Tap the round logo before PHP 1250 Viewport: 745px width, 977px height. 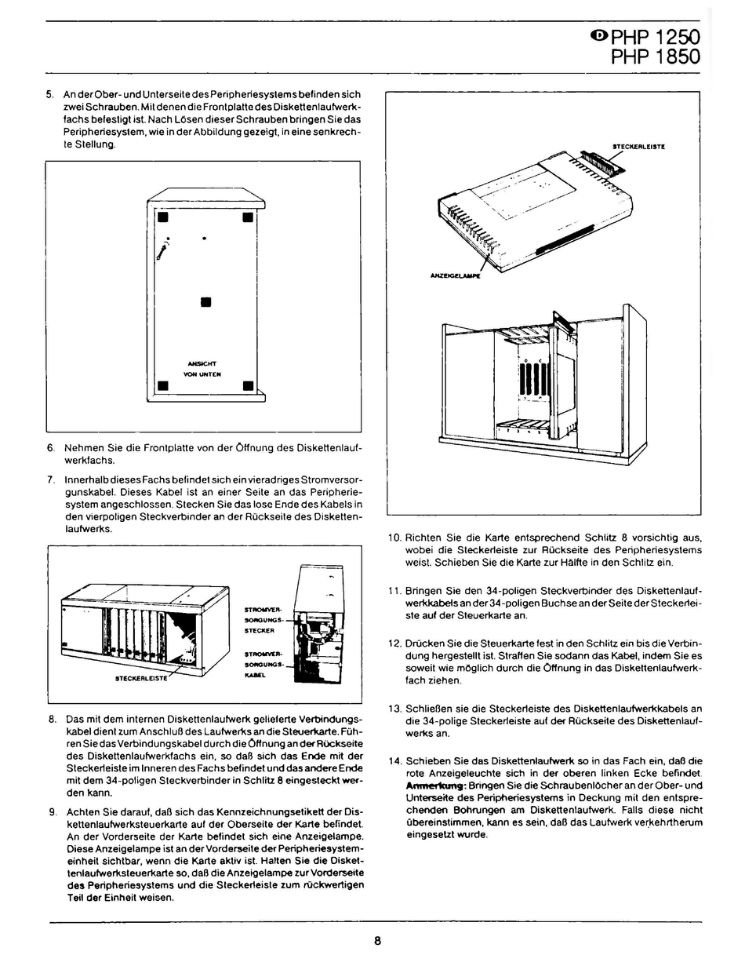598,35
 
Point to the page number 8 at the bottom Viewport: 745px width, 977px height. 377,942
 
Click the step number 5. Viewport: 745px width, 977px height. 50,95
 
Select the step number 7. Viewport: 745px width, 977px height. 50,479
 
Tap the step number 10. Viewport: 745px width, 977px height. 395,538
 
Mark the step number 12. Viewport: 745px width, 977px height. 395,643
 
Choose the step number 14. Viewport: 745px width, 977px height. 395,760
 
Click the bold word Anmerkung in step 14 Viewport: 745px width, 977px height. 436,786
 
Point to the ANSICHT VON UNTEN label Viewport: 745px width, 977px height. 202,369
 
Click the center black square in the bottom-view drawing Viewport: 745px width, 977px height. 205,302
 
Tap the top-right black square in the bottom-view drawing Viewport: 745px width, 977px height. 247,217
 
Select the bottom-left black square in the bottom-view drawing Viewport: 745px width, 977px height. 163,385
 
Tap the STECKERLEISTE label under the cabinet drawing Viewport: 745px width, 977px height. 142,679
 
